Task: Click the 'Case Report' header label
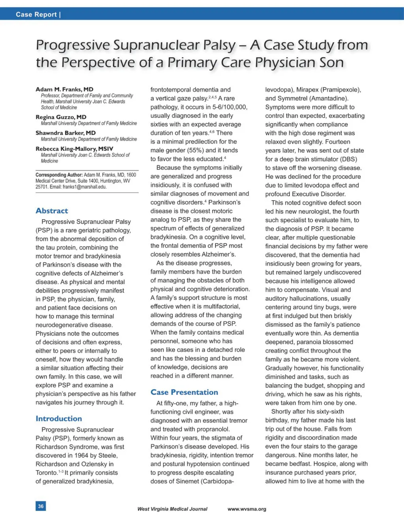[x=36, y=15]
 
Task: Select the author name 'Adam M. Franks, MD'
[x=64, y=89]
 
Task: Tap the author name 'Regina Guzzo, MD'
[x=61, y=117]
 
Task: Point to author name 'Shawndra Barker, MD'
[x=65, y=133]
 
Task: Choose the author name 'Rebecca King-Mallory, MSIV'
[x=74, y=149]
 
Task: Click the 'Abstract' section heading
[x=52, y=211]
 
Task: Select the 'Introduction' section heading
[x=59, y=418]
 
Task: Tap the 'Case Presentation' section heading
[x=184, y=392]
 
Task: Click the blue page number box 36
[x=41, y=506]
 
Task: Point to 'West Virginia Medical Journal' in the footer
[x=172, y=509]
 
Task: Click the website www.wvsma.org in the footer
[x=247, y=509]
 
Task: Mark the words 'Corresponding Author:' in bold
[x=59, y=175]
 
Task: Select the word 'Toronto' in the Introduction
[x=46, y=473]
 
